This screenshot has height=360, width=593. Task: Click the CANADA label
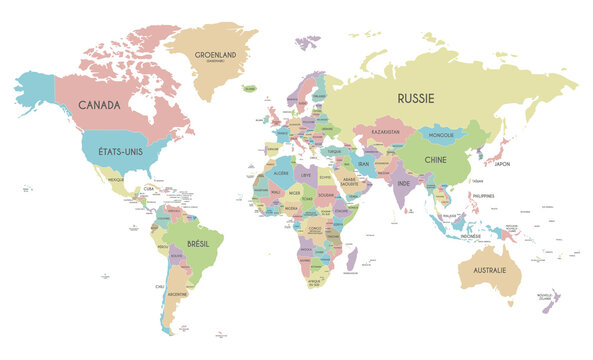click(100, 105)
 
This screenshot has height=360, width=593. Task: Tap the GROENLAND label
click(216, 56)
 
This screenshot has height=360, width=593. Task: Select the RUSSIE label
click(416, 98)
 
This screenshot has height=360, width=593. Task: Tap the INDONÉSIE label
click(457, 236)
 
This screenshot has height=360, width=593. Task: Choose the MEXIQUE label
click(115, 182)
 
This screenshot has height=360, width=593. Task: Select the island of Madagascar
click(350, 262)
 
